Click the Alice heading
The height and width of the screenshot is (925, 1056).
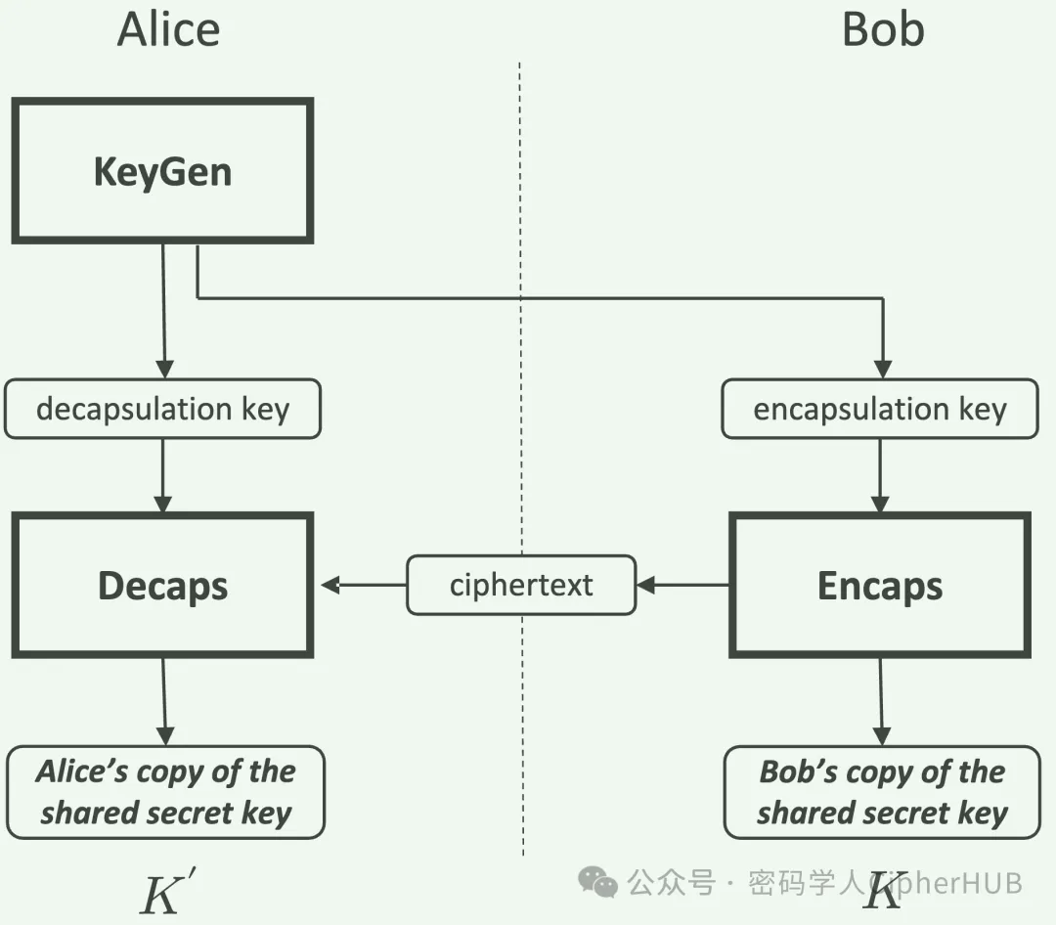168,29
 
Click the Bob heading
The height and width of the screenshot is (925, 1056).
882,29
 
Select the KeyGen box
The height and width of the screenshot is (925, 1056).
162,171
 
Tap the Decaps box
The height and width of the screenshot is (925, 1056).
162,585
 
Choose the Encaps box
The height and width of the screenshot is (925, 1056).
880,585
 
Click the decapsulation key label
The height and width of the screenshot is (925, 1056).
162,409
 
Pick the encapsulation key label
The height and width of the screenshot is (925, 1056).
880,409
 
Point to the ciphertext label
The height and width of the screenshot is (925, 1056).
521,585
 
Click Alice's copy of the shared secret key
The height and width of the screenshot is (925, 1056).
165,792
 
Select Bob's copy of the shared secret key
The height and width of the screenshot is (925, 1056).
882,792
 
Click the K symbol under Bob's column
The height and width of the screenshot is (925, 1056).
884,891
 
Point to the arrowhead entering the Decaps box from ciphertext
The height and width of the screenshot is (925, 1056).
330,585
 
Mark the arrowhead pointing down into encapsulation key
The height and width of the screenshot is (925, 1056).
882,369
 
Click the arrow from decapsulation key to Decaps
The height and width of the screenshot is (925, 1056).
162,475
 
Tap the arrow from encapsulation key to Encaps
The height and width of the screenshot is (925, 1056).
880,475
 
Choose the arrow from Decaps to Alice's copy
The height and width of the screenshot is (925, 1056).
164,700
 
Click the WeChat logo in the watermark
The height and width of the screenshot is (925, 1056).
597,882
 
